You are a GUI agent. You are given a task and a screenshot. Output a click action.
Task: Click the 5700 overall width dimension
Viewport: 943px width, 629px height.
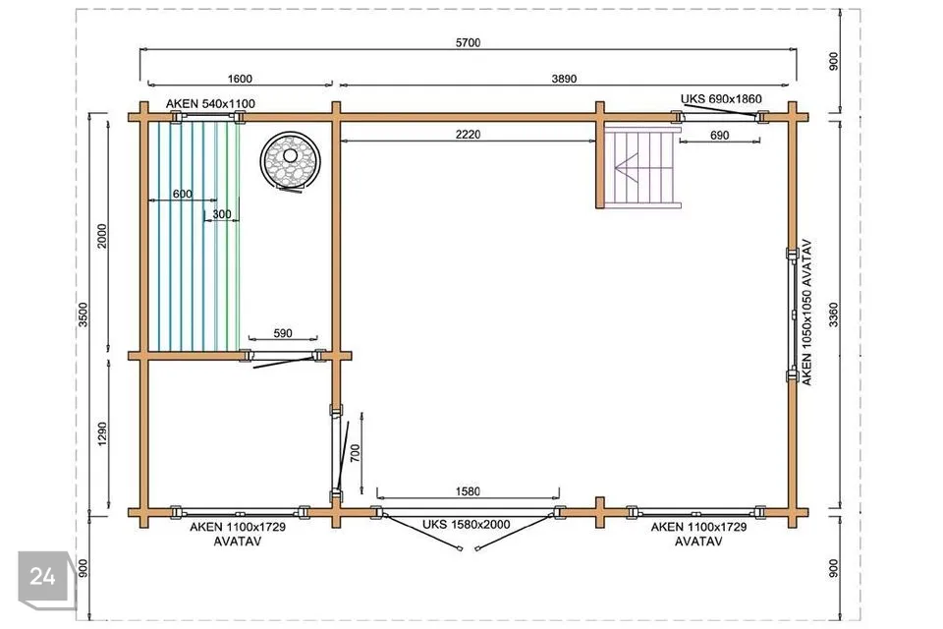tap(468, 42)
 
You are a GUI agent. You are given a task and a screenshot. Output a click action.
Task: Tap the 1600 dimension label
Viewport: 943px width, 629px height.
tap(240, 79)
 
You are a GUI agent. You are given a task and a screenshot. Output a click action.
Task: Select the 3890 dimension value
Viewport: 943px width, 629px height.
tap(564, 79)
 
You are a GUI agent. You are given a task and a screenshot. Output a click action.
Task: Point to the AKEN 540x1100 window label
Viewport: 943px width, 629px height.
tap(210, 103)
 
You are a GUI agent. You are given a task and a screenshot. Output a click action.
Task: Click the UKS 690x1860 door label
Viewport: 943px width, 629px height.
tap(721, 98)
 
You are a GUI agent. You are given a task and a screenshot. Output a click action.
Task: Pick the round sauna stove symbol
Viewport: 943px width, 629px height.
tap(290, 159)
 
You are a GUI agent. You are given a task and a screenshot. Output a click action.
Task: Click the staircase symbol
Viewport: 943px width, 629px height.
tap(642, 166)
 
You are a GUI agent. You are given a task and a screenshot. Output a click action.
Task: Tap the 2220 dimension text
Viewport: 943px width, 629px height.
tap(468, 135)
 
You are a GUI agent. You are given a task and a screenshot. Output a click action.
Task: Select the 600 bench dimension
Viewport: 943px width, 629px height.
tap(183, 194)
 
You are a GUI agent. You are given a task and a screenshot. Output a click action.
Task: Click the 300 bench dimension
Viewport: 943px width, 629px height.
tap(221, 214)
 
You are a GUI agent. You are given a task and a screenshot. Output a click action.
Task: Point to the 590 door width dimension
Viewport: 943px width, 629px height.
tap(283, 333)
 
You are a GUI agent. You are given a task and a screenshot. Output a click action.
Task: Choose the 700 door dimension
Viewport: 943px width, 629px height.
tap(355, 453)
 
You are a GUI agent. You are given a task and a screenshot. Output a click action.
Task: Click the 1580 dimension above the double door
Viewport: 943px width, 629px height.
tap(468, 491)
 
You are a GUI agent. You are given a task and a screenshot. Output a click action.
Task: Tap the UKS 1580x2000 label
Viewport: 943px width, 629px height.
tap(466, 524)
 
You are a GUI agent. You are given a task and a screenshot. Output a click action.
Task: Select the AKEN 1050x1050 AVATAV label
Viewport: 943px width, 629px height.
tap(807, 313)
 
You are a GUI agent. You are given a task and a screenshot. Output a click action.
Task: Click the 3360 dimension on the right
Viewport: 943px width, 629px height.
tap(833, 314)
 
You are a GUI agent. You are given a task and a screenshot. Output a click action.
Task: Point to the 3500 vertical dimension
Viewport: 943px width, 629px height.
tap(83, 314)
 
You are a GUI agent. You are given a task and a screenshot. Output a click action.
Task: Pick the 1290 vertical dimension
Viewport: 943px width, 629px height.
tap(101, 434)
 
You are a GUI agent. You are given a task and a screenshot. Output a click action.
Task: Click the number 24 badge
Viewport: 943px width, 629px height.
tap(42, 577)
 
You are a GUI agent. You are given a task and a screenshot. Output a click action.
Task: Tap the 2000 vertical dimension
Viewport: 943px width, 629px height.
tap(101, 236)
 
